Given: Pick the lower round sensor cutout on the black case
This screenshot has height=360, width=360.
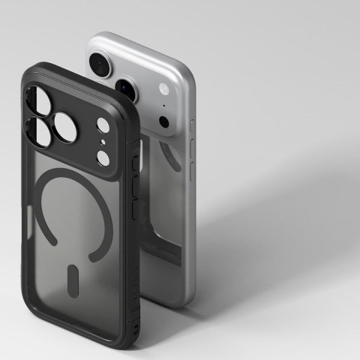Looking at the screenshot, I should pos(103,157).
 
